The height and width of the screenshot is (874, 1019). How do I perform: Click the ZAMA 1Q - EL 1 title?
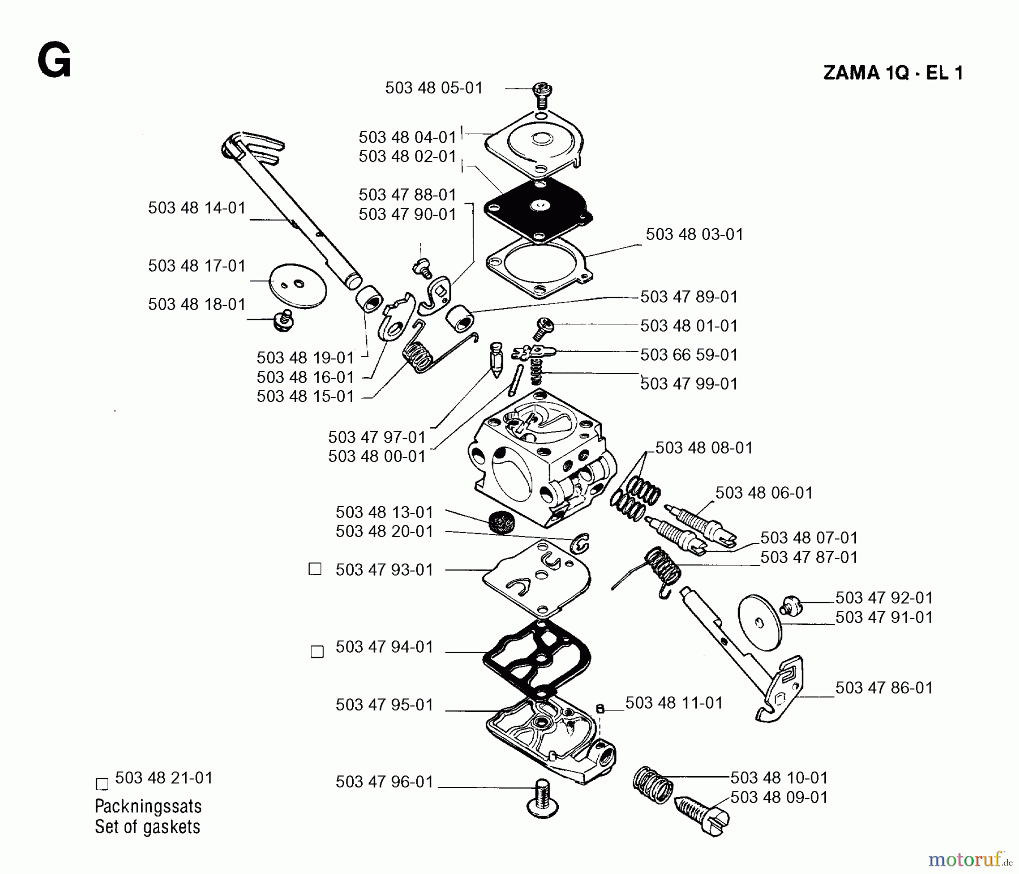(893, 73)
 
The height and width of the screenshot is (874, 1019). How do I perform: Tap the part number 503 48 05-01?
(434, 88)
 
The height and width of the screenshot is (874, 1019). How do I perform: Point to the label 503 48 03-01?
(694, 234)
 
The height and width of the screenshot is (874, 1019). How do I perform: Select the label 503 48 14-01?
(196, 208)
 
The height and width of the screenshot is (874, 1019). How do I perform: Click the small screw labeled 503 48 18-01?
(281, 320)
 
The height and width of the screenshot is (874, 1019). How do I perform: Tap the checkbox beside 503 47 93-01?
(315, 569)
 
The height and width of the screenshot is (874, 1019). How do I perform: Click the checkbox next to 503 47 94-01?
(318, 652)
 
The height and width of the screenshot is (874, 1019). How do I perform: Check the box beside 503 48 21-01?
(102, 784)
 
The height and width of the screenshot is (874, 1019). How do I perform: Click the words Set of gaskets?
(147, 827)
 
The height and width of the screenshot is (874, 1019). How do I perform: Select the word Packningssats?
(148, 806)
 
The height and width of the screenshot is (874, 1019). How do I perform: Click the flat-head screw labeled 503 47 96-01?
(541, 799)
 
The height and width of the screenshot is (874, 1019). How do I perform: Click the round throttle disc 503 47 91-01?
(760, 623)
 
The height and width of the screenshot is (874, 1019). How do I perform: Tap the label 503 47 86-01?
(884, 688)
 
